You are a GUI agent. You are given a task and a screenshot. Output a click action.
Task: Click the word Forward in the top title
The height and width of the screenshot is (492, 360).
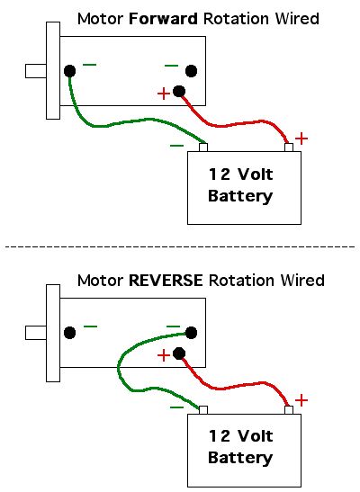click(163, 19)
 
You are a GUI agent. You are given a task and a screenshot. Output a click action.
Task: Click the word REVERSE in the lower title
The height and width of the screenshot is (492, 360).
click(166, 281)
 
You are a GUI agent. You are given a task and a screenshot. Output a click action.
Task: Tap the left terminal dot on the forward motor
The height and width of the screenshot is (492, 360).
click(69, 71)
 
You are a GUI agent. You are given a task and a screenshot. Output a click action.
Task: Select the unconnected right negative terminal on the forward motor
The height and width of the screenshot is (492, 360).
click(191, 71)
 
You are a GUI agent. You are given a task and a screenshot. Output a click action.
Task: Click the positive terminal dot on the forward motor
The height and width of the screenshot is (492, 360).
click(179, 92)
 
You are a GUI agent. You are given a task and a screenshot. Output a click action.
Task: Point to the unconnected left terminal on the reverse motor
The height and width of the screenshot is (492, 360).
click(69, 333)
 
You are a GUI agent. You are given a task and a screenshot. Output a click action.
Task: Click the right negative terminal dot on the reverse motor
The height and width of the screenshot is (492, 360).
click(191, 333)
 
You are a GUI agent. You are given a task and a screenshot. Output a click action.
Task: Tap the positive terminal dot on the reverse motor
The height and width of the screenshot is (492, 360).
click(179, 353)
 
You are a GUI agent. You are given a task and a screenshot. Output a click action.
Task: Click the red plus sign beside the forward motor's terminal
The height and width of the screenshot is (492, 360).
click(164, 94)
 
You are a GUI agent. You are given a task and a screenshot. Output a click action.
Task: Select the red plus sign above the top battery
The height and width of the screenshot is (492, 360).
click(301, 139)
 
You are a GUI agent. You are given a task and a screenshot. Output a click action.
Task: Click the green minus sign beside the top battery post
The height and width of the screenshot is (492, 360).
click(176, 146)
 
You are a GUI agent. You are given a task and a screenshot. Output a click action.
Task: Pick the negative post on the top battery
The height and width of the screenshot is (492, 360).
click(203, 148)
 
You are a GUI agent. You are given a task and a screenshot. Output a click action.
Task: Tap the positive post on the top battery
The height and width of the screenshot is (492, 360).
click(289, 148)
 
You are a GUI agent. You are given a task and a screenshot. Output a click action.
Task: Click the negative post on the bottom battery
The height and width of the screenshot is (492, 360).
click(203, 410)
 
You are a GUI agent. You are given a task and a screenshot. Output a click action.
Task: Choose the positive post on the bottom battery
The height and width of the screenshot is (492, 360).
click(289, 410)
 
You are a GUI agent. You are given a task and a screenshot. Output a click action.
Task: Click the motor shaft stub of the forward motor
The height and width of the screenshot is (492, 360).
click(36, 71)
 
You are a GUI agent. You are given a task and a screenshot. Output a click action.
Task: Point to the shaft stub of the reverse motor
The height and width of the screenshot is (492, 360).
click(36, 333)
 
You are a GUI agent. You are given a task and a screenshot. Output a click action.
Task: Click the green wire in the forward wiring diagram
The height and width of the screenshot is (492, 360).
click(130, 121)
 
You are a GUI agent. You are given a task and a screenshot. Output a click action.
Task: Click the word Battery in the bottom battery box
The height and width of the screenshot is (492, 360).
click(240, 458)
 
